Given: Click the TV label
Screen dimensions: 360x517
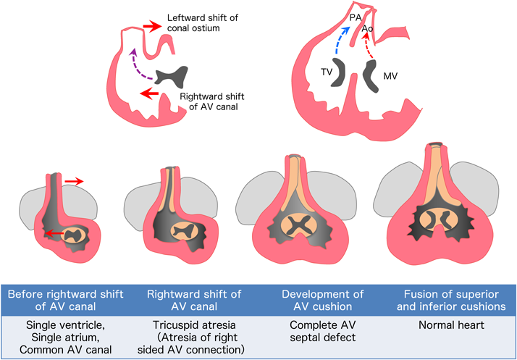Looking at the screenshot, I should tap(327, 72).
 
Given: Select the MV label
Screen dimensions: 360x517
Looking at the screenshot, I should tap(390, 75).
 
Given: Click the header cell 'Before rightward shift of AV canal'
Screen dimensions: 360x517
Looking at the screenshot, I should tap(64, 299).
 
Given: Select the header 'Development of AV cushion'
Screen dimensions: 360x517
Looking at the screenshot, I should tap(324, 299).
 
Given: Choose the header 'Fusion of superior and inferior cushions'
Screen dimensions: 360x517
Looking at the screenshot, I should tap(453, 299).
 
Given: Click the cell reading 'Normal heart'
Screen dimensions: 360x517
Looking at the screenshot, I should tap(453, 327).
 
